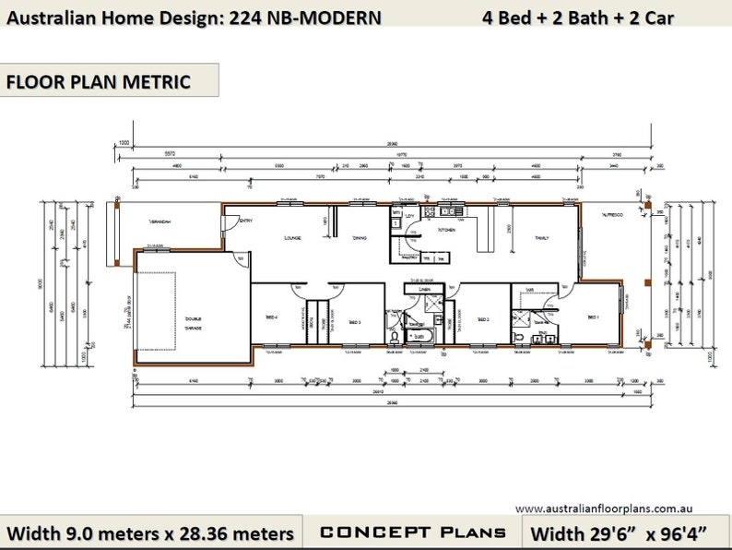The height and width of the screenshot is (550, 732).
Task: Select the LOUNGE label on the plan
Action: pos(294,238)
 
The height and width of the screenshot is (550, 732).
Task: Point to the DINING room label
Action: pos(359,238)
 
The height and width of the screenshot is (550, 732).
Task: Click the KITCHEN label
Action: pos(447,230)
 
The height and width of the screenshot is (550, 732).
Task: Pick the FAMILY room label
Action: pos(541,238)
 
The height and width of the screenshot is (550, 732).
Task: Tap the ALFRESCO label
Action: pos(613,214)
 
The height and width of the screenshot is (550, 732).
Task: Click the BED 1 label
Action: pos(593,317)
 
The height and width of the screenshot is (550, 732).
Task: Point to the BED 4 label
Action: pos(271,317)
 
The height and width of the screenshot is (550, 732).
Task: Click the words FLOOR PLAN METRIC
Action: pos(99,81)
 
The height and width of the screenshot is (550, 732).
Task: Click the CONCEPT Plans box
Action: pos(412,532)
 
